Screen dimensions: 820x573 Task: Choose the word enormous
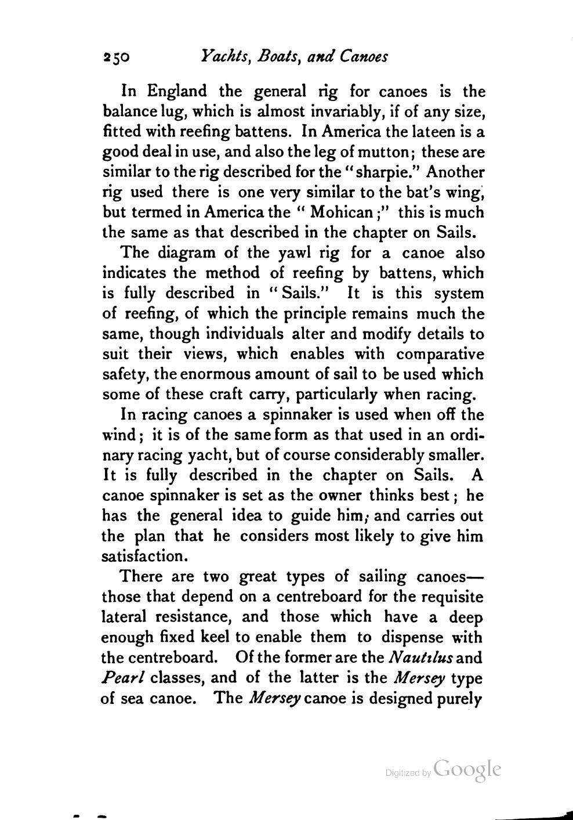point(210,374)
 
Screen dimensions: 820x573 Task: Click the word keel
point(215,637)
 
